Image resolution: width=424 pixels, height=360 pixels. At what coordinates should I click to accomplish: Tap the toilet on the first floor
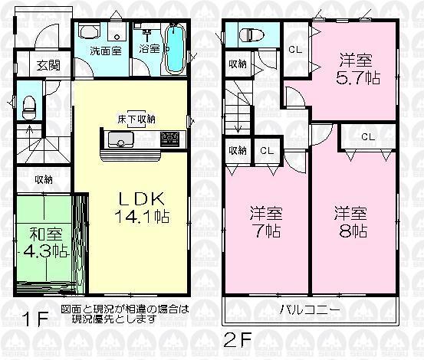click(x=29, y=106)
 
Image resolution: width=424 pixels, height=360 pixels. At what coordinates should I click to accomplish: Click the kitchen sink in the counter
click(x=121, y=139)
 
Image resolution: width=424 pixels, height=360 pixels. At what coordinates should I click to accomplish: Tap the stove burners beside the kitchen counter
click(x=169, y=139)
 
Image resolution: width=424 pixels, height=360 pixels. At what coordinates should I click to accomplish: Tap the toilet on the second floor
click(x=251, y=35)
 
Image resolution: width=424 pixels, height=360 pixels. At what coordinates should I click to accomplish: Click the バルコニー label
click(x=309, y=309)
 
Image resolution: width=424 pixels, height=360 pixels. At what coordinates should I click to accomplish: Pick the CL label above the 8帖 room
click(x=368, y=137)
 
